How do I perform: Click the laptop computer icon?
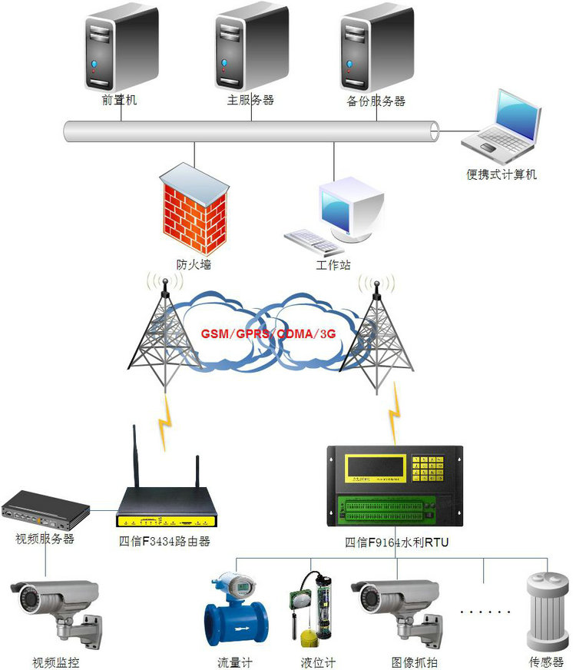tap(504, 123)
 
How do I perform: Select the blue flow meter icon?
tap(233, 615)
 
